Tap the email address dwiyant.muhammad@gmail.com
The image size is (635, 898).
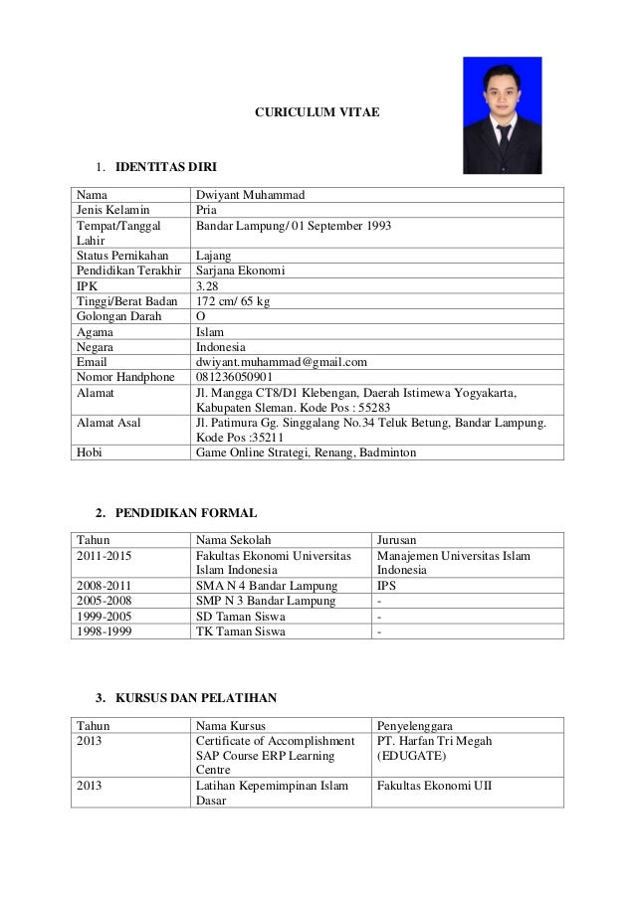point(282,362)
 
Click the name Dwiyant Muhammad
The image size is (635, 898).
point(250,194)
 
